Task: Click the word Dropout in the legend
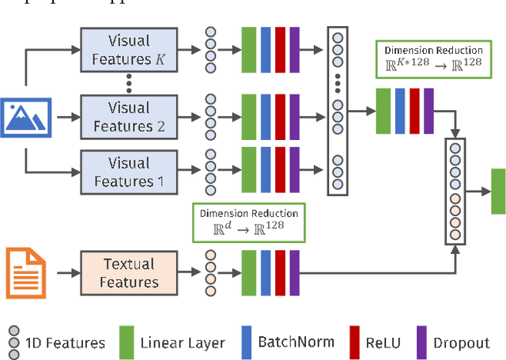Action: [461, 343]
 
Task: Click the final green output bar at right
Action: [497, 191]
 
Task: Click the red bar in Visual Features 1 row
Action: [280, 172]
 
